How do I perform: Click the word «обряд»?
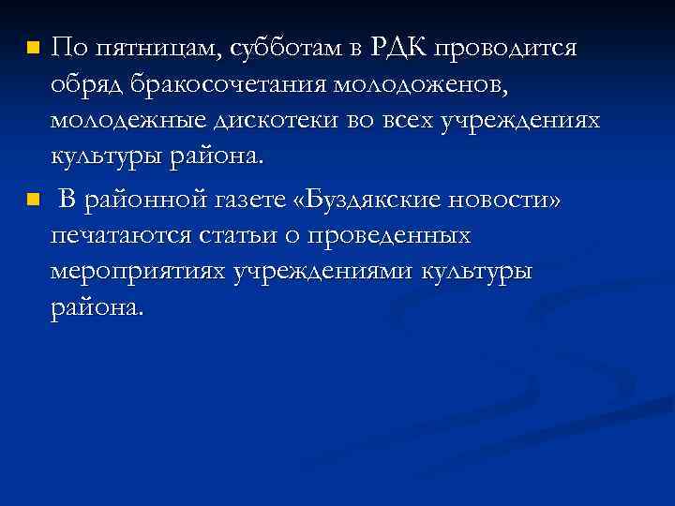[87, 85]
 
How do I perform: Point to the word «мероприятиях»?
[134, 273]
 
